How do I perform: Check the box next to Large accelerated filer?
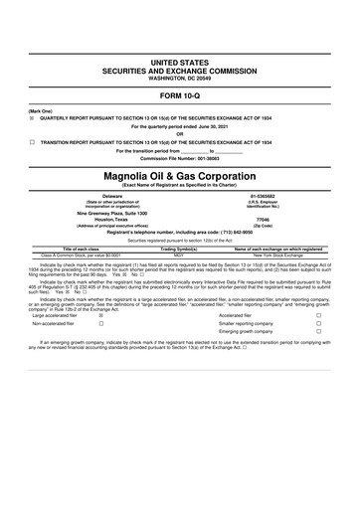coord(102,343)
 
